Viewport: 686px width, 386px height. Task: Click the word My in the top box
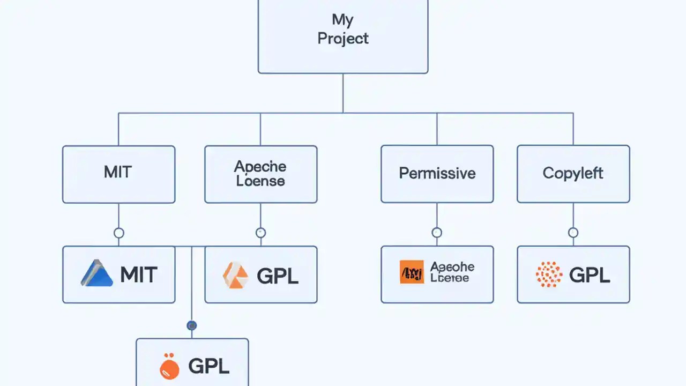click(x=342, y=20)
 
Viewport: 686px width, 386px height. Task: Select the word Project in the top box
click(x=343, y=39)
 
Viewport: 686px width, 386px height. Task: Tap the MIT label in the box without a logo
click(x=118, y=173)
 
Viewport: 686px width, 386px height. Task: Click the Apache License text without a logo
click(x=260, y=174)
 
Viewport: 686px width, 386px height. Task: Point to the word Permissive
click(x=437, y=173)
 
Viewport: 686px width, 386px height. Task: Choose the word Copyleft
click(x=573, y=173)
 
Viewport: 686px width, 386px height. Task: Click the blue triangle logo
click(x=96, y=273)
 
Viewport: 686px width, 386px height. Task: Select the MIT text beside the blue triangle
click(x=139, y=275)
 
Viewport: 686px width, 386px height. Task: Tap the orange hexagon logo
click(x=236, y=275)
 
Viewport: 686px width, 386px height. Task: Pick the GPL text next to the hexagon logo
click(x=277, y=276)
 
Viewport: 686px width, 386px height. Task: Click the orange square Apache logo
click(x=412, y=272)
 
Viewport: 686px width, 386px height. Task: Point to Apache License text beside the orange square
click(x=452, y=272)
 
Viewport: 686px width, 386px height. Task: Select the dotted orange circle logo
click(x=549, y=274)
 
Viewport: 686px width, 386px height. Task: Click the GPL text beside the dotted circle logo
click(x=590, y=275)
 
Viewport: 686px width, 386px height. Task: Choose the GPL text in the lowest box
click(x=208, y=367)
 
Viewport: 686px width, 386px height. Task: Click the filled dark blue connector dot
click(x=191, y=325)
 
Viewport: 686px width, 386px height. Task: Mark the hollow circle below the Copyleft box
click(x=573, y=233)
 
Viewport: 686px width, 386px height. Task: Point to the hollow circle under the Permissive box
click(x=437, y=233)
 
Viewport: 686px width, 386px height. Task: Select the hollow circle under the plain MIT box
click(x=119, y=233)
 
